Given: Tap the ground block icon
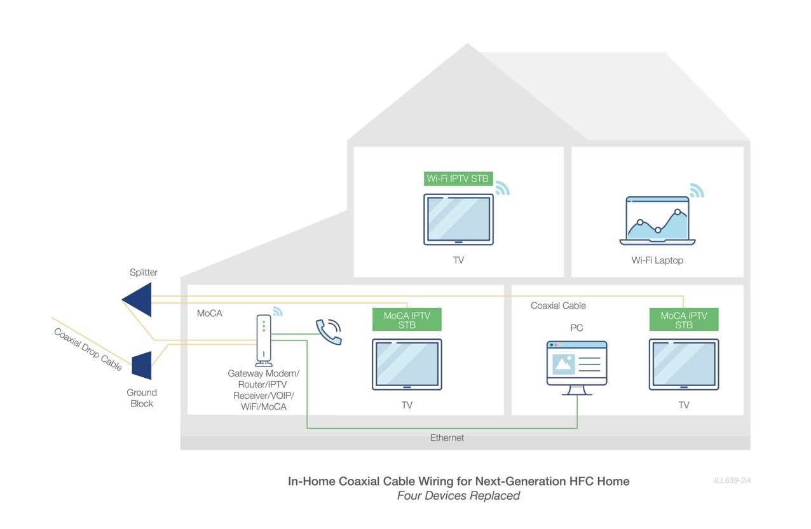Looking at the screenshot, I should point(142,365).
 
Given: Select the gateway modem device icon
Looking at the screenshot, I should point(264,340).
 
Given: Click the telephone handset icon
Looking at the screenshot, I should point(329,331).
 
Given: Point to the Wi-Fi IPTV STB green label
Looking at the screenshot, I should point(458,178).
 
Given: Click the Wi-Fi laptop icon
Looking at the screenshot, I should point(657,220).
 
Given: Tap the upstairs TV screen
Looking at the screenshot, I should point(458,219).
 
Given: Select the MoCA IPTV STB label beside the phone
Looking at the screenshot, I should point(407,319).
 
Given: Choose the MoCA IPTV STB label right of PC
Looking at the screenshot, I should point(684,319).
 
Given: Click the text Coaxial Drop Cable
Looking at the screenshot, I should point(88,349).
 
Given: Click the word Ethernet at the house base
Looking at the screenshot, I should point(447,438).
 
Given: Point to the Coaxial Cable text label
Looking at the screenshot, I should point(558,305).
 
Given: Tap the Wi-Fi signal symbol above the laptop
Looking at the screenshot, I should point(697,191).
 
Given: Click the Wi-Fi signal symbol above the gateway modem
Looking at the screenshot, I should point(277,311).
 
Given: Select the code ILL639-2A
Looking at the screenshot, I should point(732,480).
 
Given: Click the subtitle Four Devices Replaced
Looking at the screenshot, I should point(458,496).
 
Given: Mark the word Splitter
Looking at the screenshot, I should point(144,272).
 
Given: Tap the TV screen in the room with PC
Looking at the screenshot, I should point(684,363).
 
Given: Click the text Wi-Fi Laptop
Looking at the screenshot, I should point(657,260).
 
